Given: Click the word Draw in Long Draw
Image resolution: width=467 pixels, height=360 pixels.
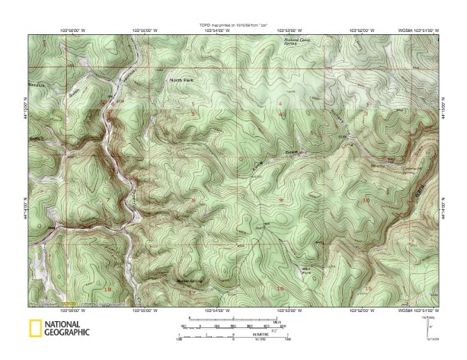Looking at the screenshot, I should point(292,153).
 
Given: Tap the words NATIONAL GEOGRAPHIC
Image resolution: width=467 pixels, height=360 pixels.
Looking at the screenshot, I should point(67,328).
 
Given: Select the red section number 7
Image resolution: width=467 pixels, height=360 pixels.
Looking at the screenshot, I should point(108,200).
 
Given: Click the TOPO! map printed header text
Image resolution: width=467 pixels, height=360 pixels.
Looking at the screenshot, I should point(232,24).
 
